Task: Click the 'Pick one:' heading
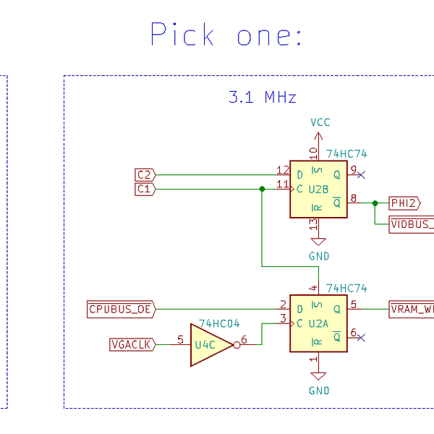226,35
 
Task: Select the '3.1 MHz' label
262,97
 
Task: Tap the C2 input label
145,175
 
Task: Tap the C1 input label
145,189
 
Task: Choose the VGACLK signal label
132,345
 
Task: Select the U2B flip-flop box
319,190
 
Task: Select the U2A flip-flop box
319,323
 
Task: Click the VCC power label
320,122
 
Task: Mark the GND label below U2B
319,256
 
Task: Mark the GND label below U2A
319,391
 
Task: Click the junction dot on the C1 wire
261,189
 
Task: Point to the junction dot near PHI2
375,203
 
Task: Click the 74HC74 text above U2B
346,154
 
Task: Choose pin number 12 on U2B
282,170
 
